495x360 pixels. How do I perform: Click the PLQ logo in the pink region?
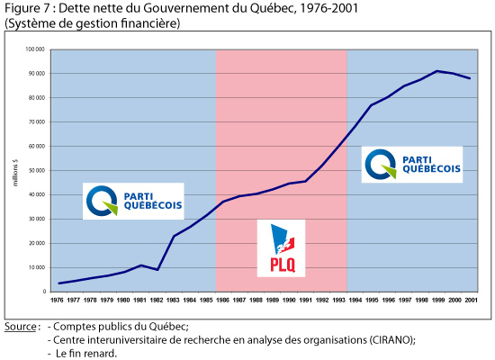281,248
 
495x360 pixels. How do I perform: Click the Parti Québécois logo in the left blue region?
132,201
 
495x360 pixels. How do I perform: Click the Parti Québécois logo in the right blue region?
412,165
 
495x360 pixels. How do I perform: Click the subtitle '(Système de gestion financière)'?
92,22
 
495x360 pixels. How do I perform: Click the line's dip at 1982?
158,270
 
